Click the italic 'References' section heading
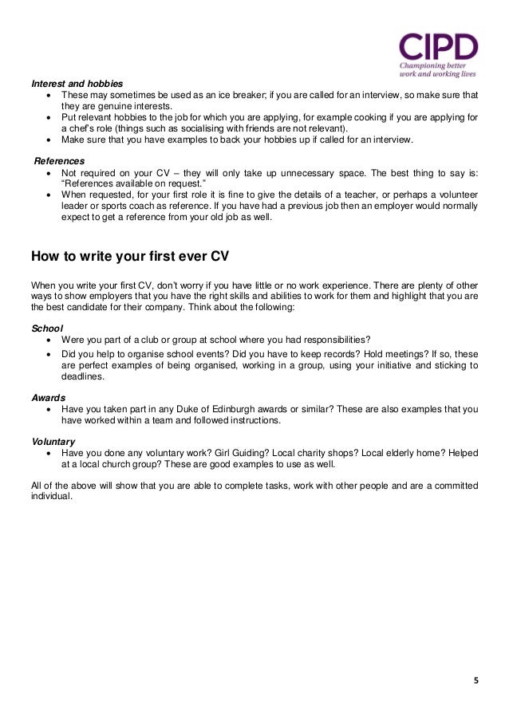point(58,159)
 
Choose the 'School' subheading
point(45,328)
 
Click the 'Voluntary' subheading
point(53,440)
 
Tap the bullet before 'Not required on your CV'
point(50,171)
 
